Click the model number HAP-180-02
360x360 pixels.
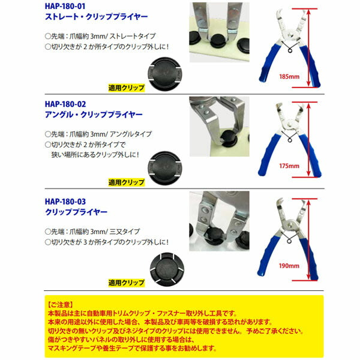[69, 104]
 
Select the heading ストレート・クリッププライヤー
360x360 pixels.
[97, 18]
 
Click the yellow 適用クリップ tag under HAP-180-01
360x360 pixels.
[126, 86]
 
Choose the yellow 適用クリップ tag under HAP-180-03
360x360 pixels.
[126, 281]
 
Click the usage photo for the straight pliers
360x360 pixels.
[219, 31]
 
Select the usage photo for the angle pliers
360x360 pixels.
[219, 126]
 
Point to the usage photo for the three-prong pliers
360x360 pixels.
[219, 220]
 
